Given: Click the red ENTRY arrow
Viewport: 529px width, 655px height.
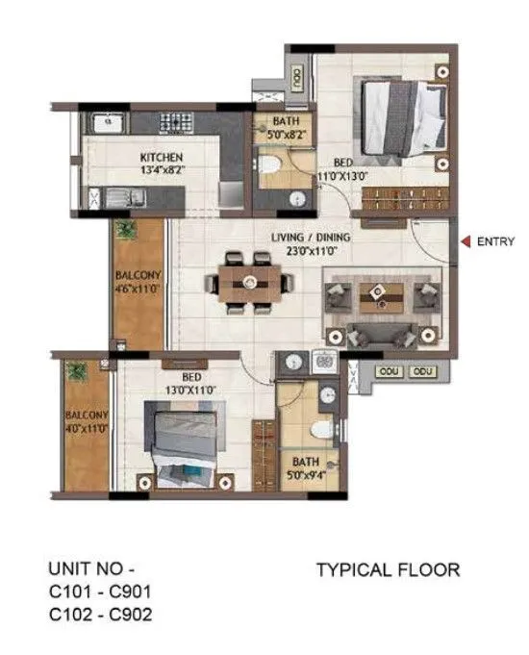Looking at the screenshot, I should pos(466,242).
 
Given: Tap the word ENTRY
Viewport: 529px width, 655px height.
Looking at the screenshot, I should pos(496,242).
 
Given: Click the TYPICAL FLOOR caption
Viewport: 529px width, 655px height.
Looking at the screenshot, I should pos(388,570).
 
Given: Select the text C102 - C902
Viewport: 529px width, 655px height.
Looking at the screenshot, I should pos(99,613).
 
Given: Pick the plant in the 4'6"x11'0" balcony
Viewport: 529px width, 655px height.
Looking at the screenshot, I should pos(126,231).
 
